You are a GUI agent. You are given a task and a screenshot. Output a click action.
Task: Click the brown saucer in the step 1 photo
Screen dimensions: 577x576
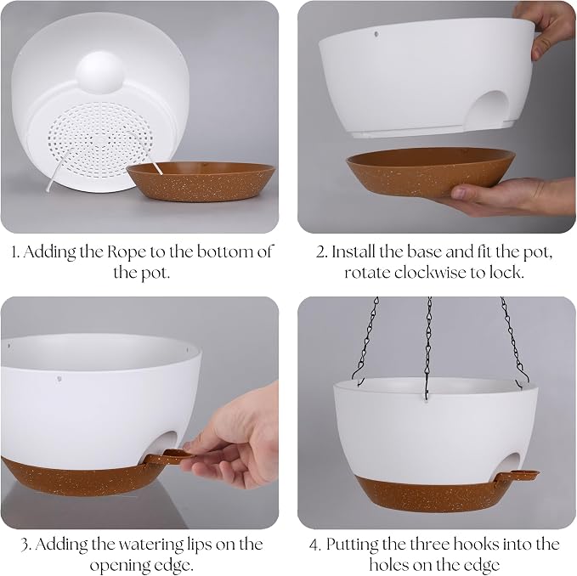pyautogui.click(x=201, y=182)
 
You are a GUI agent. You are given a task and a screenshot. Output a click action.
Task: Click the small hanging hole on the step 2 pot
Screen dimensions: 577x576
pyautogui.click(x=376, y=34)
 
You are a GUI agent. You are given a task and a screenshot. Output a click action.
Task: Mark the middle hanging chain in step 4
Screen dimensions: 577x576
pyautogui.click(x=428, y=345)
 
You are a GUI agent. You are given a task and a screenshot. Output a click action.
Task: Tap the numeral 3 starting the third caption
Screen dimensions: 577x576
pyautogui.click(x=25, y=545)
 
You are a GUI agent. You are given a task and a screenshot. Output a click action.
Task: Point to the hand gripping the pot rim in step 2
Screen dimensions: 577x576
pyautogui.click(x=547, y=27)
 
